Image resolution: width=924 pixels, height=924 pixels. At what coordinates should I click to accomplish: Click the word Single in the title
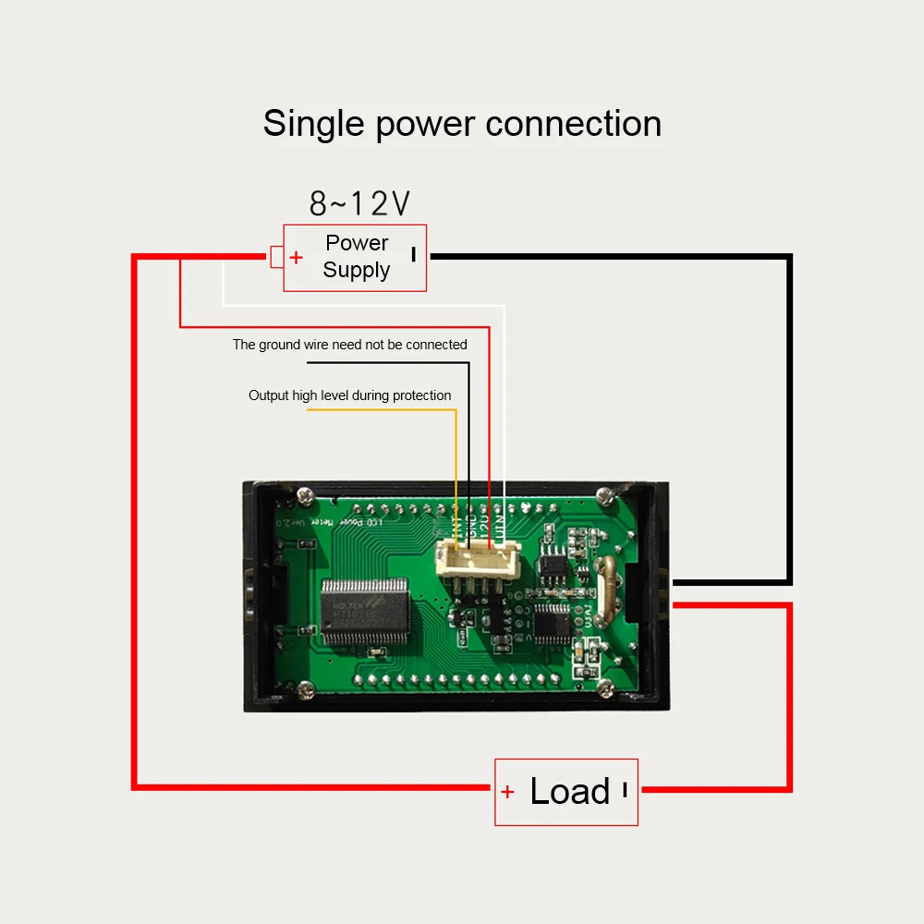click(314, 125)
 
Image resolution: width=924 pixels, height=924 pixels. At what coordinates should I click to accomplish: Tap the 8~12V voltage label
click(359, 203)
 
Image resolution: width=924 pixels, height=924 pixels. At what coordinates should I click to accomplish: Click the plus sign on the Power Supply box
click(296, 258)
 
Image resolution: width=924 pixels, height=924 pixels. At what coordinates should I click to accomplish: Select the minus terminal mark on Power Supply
click(413, 254)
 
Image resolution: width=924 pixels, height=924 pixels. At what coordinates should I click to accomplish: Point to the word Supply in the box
click(357, 270)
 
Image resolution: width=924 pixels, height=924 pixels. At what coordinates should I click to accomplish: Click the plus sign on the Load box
click(507, 792)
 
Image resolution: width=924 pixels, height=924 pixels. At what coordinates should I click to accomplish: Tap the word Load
click(569, 792)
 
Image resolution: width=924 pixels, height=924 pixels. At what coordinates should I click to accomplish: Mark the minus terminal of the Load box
click(625, 790)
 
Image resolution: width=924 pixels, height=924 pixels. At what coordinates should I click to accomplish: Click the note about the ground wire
click(349, 345)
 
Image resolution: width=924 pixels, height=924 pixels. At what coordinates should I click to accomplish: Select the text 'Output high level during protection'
click(349, 395)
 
